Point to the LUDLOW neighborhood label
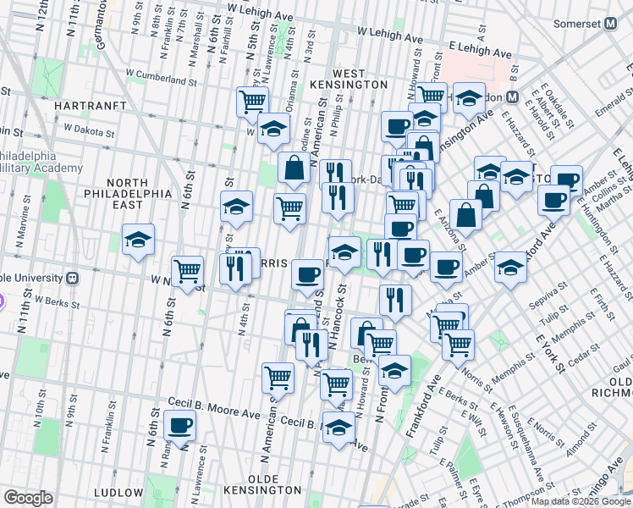tap(119, 492)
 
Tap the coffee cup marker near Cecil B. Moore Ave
tap(179, 425)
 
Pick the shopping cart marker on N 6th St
tap(188, 272)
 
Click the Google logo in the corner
tap(28, 498)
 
